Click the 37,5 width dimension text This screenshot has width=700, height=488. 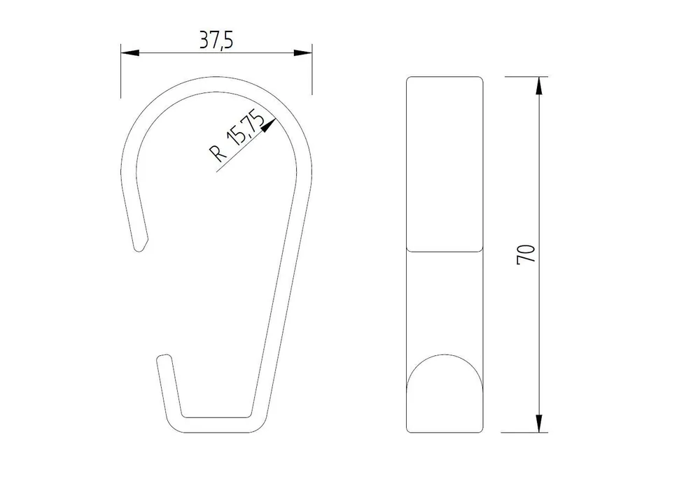(x=216, y=41)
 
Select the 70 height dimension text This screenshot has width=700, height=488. (x=526, y=254)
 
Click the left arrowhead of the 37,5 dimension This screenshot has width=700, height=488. (x=130, y=52)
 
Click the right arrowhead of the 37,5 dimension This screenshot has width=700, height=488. (x=302, y=52)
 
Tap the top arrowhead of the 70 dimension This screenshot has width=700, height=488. (x=539, y=86)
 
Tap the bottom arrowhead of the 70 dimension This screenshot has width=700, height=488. (x=539, y=423)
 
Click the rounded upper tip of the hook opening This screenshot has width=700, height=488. (x=141, y=246)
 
